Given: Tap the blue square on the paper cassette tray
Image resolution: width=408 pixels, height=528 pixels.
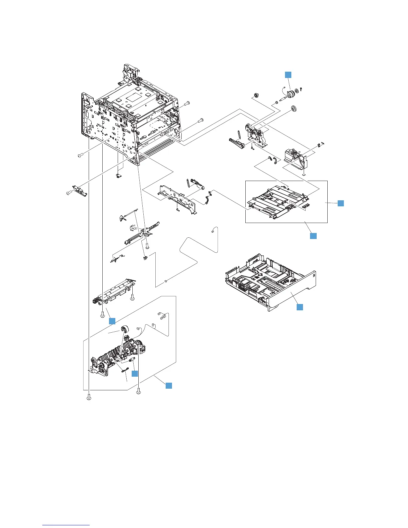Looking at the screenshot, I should (300, 307).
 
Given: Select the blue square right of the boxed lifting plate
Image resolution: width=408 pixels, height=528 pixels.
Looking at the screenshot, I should (340, 203).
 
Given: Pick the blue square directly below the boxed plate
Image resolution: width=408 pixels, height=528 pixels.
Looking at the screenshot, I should (313, 236).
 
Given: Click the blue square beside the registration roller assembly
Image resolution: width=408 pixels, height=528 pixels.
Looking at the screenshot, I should (112, 321).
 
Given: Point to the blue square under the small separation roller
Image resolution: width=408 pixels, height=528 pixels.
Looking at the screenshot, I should (135, 374).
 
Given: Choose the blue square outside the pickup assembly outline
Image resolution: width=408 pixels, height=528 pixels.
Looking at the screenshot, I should (169, 385).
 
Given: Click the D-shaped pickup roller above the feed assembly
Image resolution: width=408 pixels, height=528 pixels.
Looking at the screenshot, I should (125, 330).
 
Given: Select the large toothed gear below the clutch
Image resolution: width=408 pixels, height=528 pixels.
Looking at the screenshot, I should (294, 109).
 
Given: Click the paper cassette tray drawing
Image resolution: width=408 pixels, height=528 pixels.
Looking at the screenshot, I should (270, 283).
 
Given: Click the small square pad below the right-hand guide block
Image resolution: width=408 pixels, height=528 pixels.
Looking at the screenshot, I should (304, 174).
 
